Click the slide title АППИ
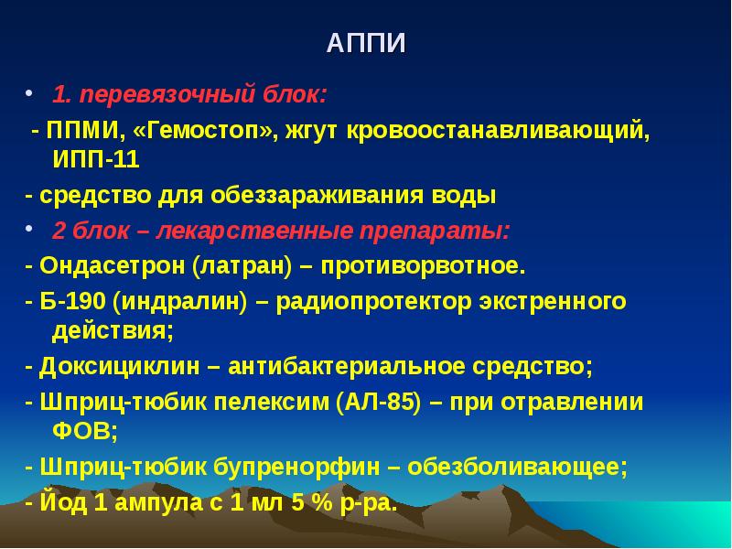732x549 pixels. point(366,44)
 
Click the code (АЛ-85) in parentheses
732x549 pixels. point(379,402)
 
